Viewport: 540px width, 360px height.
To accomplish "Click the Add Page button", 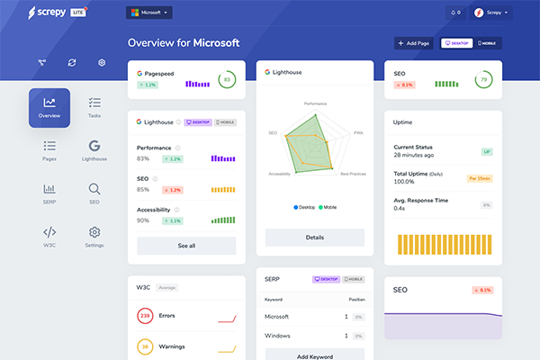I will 414,43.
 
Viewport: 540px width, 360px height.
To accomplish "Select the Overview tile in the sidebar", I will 49,107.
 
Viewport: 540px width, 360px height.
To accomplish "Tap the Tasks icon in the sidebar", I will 94,107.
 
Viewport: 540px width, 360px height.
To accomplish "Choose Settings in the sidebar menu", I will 94,237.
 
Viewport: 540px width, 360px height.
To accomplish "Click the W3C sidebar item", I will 49,237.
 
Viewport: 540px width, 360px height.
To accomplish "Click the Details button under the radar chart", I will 314,238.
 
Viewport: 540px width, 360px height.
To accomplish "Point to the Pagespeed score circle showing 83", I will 227,79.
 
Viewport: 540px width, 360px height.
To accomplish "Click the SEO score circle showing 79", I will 484,79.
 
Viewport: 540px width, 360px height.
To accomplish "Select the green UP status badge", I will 486,152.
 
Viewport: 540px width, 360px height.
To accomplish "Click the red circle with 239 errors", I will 145,316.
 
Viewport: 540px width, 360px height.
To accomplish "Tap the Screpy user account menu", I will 491,13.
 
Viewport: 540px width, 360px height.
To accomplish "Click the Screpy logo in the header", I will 54,13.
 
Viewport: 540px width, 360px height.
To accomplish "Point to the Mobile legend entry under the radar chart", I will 327,207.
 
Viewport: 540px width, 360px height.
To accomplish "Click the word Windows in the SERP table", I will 278,336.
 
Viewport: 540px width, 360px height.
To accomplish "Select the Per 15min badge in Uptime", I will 479,178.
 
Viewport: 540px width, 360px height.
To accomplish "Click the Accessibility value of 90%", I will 143,220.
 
